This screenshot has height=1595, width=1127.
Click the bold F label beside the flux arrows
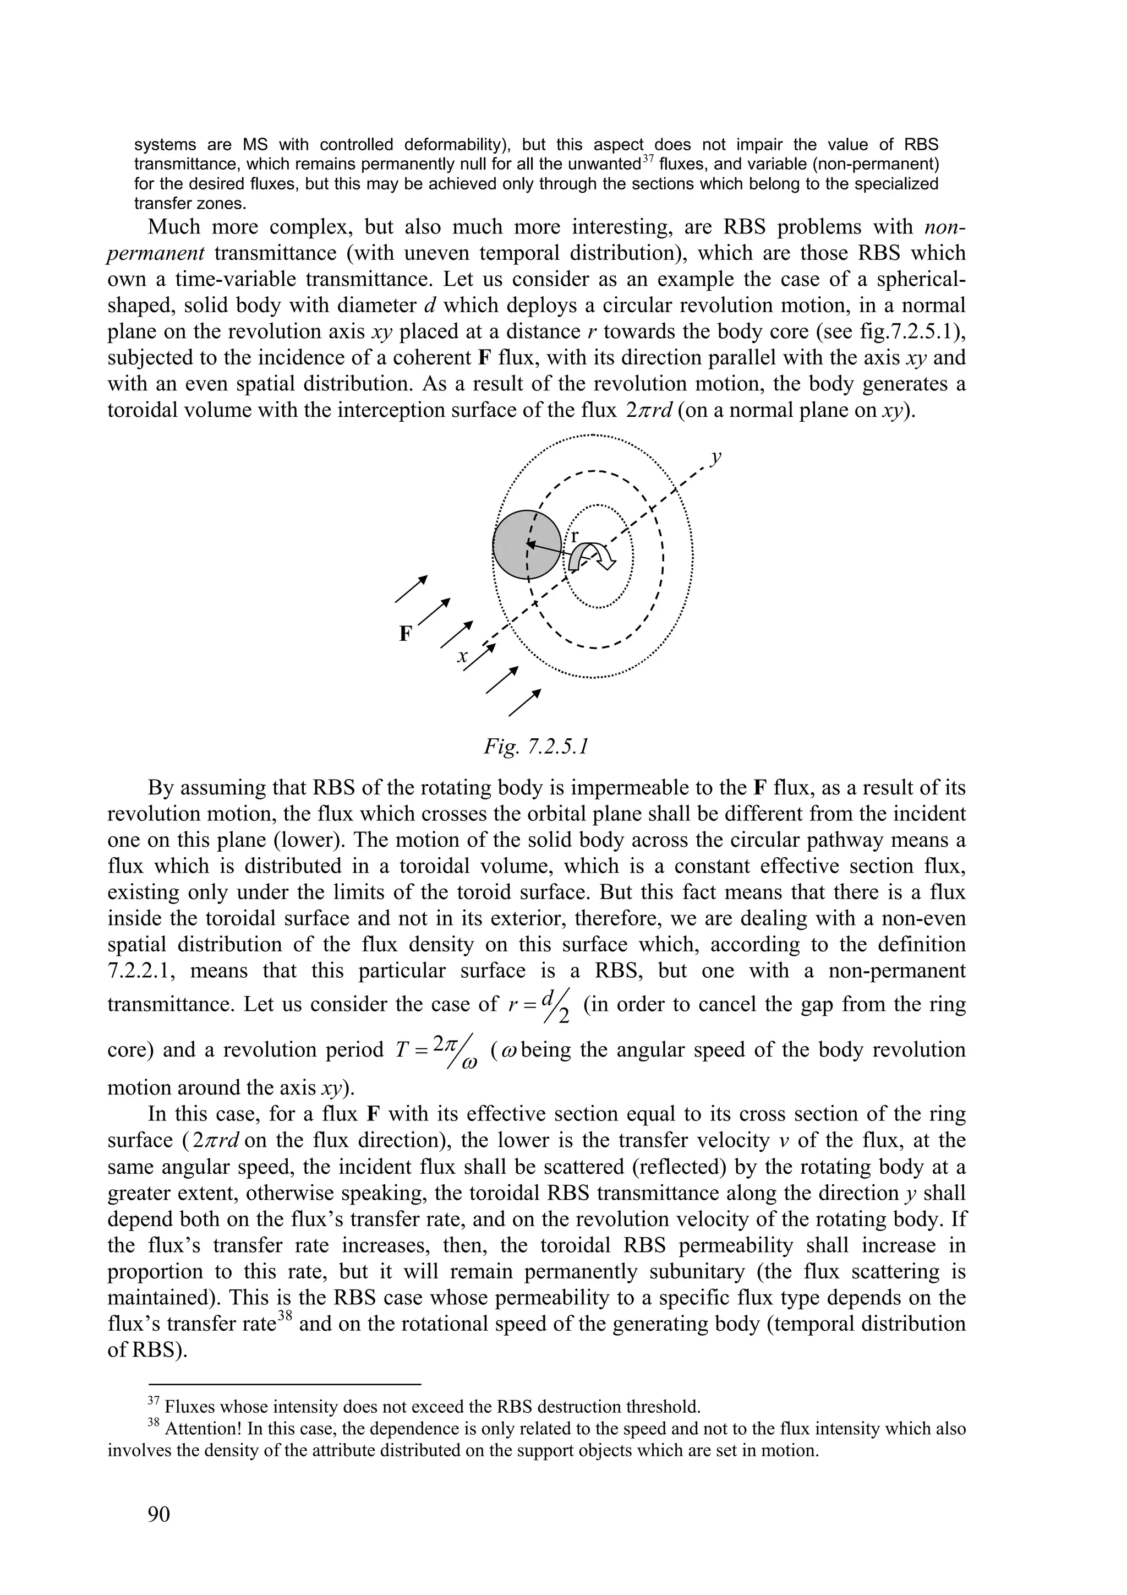(x=406, y=634)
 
